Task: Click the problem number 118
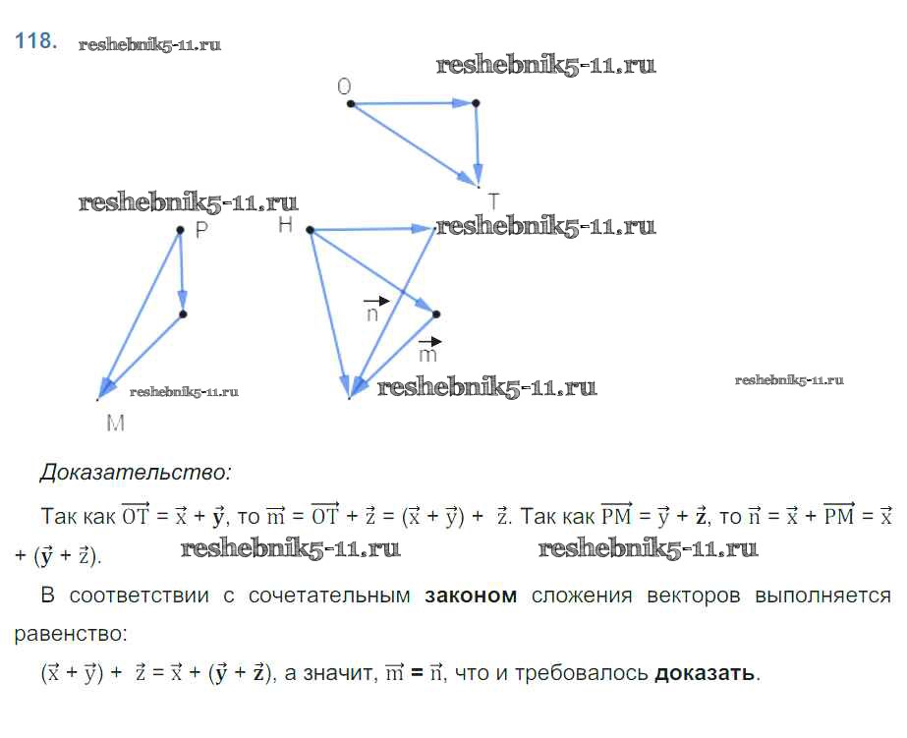click(35, 41)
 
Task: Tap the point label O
click(344, 86)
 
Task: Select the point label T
click(493, 201)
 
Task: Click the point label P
click(201, 230)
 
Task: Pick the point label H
click(285, 224)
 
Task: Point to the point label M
click(116, 423)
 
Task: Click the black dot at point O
click(351, 103)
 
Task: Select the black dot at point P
click(180, 230)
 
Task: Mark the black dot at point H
click(311, 230)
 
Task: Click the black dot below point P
click(183, 314)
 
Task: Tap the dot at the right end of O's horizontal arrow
click(476, 103)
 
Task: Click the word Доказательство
click(135, 473)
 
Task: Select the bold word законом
click(471, 596)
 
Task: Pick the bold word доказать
click(705, 672)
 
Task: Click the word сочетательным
click(329, 596)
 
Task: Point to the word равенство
click(70, 634)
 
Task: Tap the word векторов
click(694, 596)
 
